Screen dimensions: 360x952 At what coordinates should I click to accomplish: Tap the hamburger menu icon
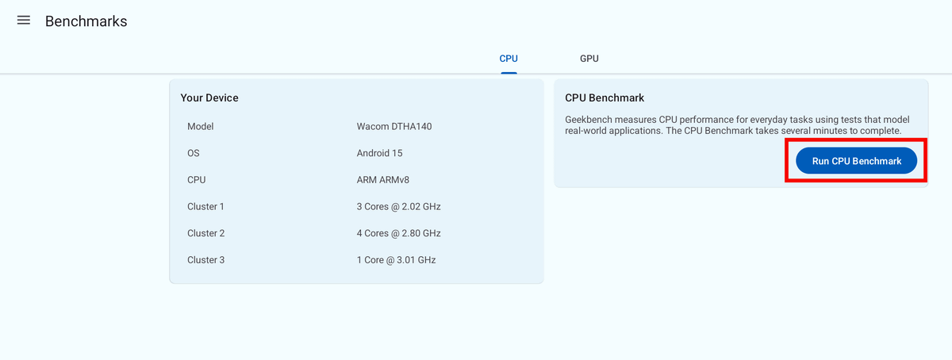pyautogui.click(x=24, y=21)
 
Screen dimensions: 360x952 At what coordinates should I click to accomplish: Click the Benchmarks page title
pyautogui.click(x=86, y=21)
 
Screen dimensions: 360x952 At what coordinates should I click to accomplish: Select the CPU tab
pyautogui.click(x=509, y=59)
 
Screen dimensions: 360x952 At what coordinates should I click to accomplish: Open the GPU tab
pyautogui.click(x=589, y=59)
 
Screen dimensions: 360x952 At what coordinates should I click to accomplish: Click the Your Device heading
pyautogui.click(x=209, y=98)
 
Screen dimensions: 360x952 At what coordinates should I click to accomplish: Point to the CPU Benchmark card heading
pyautogui.click(x=605, y=98)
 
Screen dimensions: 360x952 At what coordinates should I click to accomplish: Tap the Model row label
pyautogui.click(x=201, y=127)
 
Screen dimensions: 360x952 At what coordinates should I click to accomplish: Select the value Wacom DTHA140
pyautogui.click(x=394, y=127)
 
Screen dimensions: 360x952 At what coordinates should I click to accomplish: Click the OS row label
pyautogui.click(x=194, y=153)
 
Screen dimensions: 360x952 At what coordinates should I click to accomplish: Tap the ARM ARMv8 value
pyautogui.click(x=383, y=180)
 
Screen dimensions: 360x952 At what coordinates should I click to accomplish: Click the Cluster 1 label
pyautogui.click(x=205, y=207)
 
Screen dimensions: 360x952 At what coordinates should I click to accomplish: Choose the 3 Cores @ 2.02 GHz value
pyautogui.click(x=398, y=207)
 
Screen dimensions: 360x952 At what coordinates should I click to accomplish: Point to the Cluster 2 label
pyautogui.click(x=205, y=233)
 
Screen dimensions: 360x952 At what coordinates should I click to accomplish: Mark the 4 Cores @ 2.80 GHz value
pyautogui.click(x=398, y=233)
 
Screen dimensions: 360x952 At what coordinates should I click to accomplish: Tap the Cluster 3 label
pyautogui.click(x=205, y=260)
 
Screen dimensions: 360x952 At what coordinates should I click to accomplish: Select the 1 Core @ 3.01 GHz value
pyautogui.click(x=396, y=260)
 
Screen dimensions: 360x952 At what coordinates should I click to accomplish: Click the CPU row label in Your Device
pyautogui.click(x=196, y=180)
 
